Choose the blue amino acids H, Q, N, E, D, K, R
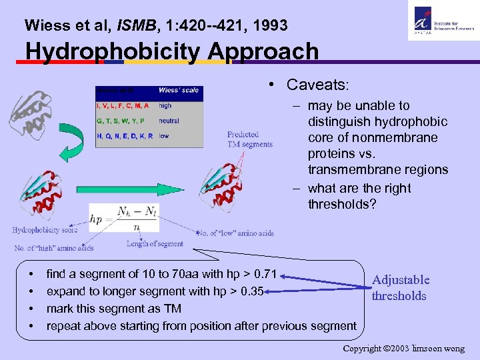[125, 136]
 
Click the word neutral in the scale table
[169, 121]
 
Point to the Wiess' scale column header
[177, 91]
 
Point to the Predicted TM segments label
[249, 139]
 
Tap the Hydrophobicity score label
[45, 230]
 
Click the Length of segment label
[155, 243]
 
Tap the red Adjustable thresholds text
[400, 288]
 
